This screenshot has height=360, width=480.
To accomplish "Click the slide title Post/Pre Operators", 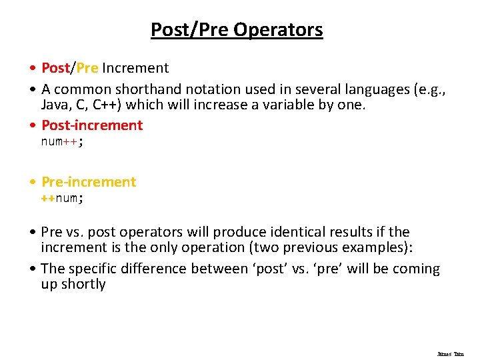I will pyautogui.click(x=237, y=30).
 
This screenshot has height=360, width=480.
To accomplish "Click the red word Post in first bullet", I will pyautogui.click(x=55, y=68).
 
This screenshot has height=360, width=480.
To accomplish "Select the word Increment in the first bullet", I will pyautogui.click(x=135, y=68).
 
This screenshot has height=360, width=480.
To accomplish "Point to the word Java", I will pyautogui.click(x=55, y=105).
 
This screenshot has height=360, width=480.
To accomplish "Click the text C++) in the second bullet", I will pyautogui.click(x=107, y=105).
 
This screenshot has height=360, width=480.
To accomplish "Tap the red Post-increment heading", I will pyautogui.click(x=92, y=125).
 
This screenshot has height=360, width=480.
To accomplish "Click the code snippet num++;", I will pyautogui.click(x=62, y=141).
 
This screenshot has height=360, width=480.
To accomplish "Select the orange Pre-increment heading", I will pyautogui.click(x=89, y=182).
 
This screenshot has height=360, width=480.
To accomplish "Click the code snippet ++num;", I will pyautogui.click(x=62, y=198).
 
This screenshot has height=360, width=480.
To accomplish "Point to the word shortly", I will pyautogui.click(x=83, y=285).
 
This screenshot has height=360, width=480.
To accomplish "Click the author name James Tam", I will pyautogui.click(x=450, y=354).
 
